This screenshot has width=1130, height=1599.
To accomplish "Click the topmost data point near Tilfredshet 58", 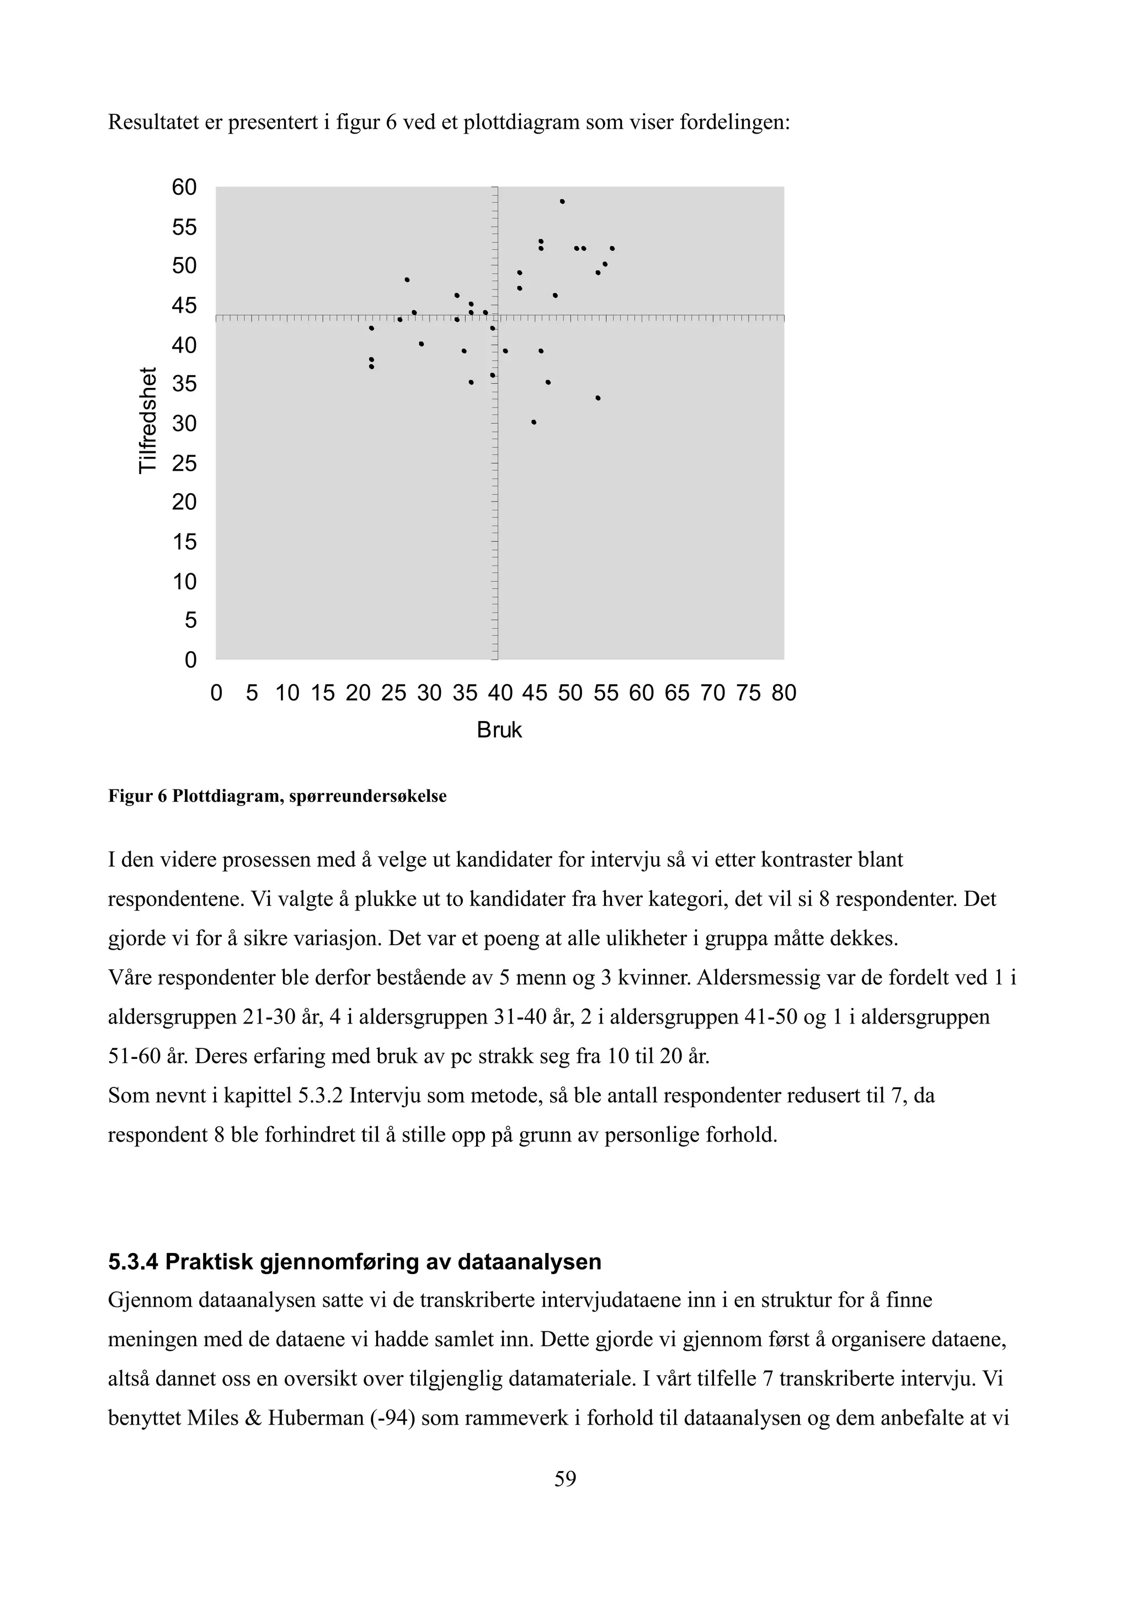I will click(562, 201).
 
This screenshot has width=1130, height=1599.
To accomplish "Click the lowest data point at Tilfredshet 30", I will click(534, 422).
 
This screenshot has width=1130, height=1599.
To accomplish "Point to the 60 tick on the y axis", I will click(184, 188).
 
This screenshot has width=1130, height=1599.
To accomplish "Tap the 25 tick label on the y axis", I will click(184, 463).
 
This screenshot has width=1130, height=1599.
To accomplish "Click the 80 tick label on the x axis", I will click(783, 693).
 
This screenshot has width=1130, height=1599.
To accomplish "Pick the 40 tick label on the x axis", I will click(499, 693).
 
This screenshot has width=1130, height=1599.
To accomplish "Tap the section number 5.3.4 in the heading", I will click(134, 1262).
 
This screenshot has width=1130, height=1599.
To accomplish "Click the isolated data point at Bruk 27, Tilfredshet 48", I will click(407, 280).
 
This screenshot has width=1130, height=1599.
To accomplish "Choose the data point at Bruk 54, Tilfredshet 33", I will click(598, 398).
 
